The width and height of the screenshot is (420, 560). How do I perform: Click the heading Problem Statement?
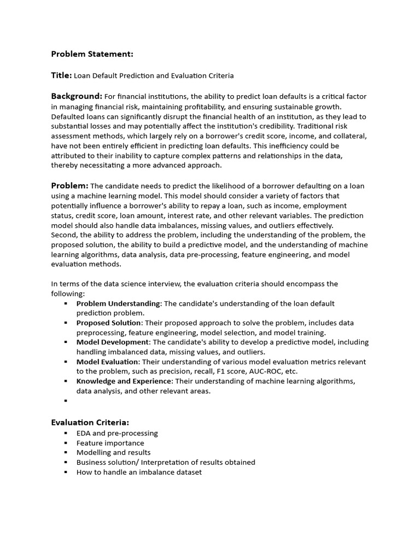coord(92,54)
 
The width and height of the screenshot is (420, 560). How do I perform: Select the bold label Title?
coord(61,75)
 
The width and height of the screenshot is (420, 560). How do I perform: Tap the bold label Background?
coord(77,96)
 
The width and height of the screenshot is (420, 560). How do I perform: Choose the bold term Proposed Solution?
coord(108,323)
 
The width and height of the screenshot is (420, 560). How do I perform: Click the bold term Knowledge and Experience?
coord(124,381)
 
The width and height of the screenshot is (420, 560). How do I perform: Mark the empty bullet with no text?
coord(66,401)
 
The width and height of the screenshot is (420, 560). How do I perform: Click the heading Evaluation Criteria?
coord(90,422)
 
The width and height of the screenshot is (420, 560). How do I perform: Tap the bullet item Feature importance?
coord(110,443)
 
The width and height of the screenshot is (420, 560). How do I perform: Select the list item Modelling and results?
coord(113,453)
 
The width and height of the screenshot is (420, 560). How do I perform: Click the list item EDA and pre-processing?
coord(117,433)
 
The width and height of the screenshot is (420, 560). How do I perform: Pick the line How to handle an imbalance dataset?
coord(139,472)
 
